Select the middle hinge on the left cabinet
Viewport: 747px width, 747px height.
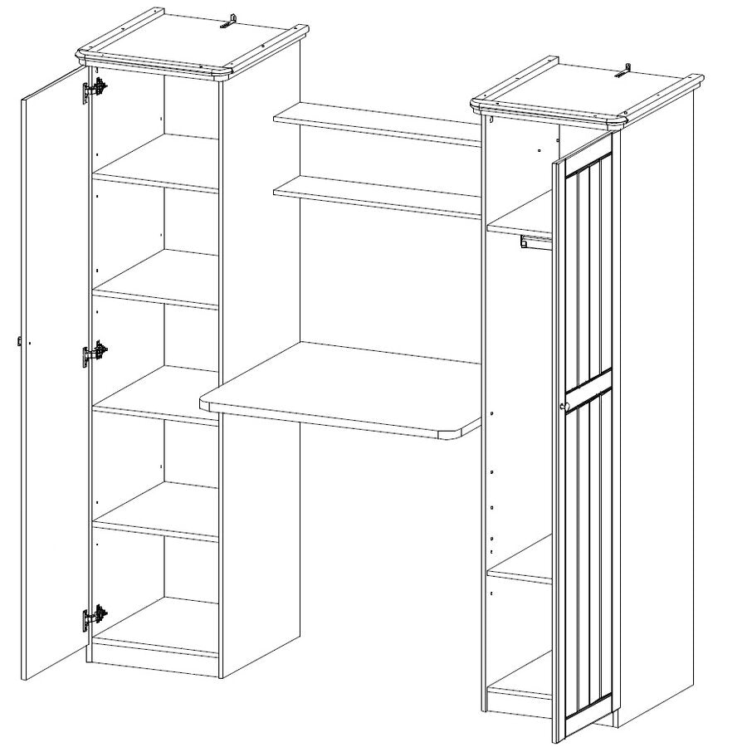tap(94, 354)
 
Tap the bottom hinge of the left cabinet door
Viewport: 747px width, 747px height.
tap(94, 618)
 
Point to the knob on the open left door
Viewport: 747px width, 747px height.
tap(19, 340)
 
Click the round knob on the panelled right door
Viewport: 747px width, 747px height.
tap(563, 405)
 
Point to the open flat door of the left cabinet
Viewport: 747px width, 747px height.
tap(54, 373)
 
